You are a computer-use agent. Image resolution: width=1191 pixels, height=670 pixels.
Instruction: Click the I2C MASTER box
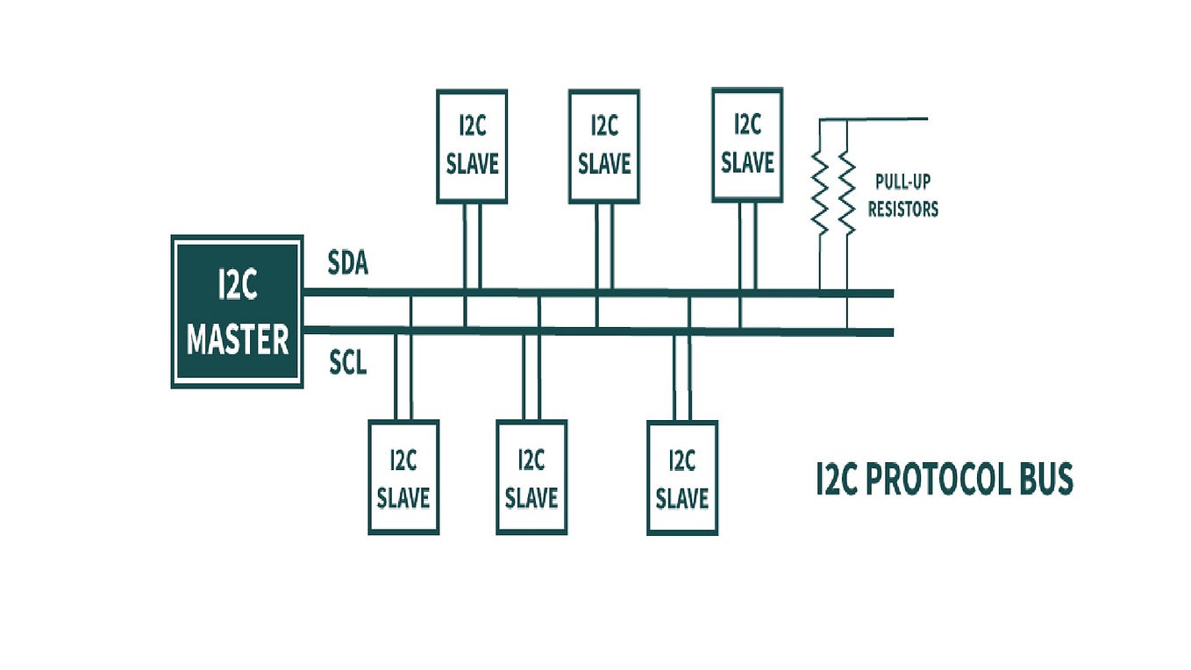coord(238,311)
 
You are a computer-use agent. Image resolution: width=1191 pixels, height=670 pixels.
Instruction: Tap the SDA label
coord(348,262)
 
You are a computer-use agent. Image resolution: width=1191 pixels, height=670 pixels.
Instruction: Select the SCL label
coord(348,362)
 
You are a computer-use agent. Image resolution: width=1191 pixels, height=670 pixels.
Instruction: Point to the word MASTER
coord(238,339)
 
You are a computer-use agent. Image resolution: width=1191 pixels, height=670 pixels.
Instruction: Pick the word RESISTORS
coord(902,210)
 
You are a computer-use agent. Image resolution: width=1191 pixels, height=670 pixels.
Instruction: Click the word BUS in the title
coord(1044,481)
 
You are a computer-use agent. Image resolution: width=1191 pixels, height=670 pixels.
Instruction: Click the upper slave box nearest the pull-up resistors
coord(747,144)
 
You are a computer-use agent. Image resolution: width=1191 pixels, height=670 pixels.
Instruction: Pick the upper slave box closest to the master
coord(472,146)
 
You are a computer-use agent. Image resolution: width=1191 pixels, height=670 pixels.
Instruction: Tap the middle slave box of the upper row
coord(604,146)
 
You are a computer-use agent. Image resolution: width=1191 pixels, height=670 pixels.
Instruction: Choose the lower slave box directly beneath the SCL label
coord(403,478)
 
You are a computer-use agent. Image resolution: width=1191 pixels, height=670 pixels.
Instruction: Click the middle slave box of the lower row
coord(531,478)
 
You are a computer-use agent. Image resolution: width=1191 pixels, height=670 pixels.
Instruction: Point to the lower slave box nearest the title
coord(682,478)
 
